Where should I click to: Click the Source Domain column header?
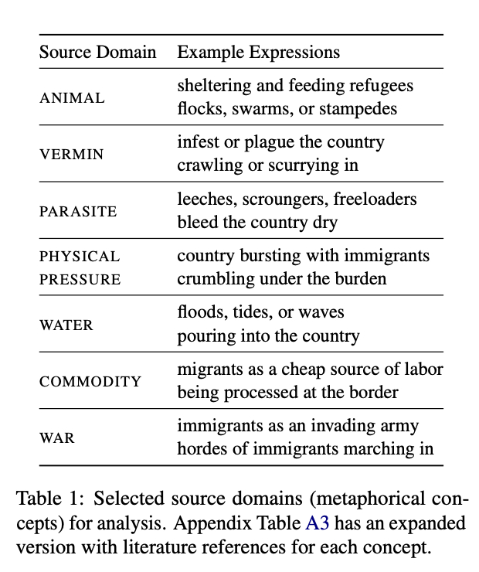pos(97,53)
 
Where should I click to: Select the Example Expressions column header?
pos(258,53)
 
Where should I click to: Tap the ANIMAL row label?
pos(72,98)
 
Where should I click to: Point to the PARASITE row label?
pos(78,211)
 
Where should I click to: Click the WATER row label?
pos(66,325)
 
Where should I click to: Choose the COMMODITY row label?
pos(90,382)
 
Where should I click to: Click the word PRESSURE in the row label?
pos(80,279)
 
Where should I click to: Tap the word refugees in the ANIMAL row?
pos(381,87)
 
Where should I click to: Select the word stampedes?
pos(362,108)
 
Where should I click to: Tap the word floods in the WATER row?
pos(200,313)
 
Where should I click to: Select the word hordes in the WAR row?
pos(200,448)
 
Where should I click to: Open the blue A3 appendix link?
pos(318,523)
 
